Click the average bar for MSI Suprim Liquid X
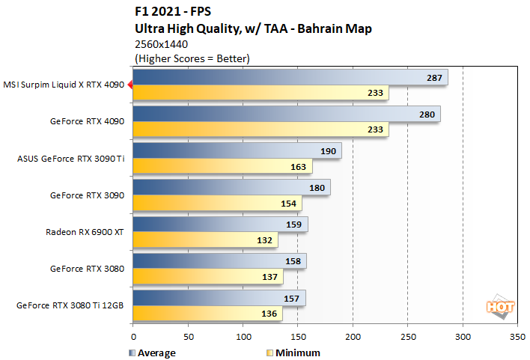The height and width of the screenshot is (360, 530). (290, 77)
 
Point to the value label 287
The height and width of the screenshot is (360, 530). (433, 77)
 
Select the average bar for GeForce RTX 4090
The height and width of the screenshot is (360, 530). (286, 114)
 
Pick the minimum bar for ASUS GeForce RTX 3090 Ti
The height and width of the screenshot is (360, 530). (222, 167)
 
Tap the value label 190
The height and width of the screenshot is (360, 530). (327, 151)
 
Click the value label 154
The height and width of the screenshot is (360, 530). (287, 204)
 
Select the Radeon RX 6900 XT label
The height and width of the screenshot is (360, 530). (85, 232)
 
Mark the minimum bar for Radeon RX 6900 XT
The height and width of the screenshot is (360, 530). (205, 240)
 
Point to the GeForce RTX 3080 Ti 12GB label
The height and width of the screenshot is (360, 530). (71, 305)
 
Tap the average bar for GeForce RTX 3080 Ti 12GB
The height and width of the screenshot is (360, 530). (219, 298)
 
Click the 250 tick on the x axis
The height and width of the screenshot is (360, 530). (408, 338)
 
